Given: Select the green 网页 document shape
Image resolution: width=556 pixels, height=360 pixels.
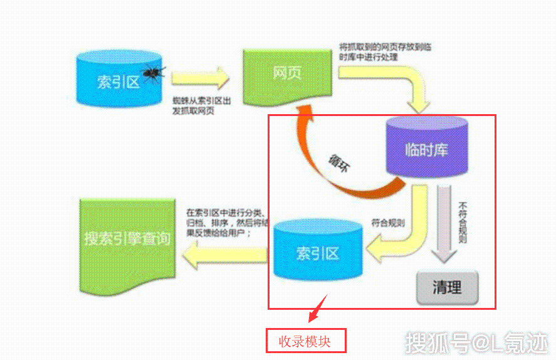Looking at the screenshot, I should tap(288, 75).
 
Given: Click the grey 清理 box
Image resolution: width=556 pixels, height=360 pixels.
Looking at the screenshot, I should tap(447, 288).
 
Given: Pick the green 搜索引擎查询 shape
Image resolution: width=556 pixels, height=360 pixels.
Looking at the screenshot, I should tap(127, 240).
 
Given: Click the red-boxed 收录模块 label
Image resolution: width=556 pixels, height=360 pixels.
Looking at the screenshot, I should tap(306, 341).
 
